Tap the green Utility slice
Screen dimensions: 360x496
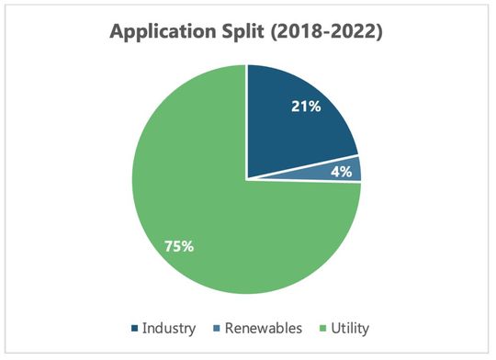[x=211, y=220]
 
